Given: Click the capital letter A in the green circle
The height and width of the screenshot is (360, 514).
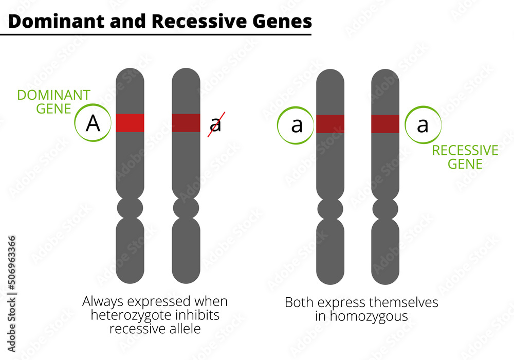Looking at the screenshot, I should pyautogui.click(x=93, y=123).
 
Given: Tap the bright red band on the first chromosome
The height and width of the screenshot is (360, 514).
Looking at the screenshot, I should pyautogui.click(x=130, y=123).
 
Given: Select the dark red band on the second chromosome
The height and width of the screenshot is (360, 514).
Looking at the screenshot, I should pyautogui.click(x=186, y=123).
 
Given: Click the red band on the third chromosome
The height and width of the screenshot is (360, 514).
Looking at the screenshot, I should pyautogui.click(x=330, y=124).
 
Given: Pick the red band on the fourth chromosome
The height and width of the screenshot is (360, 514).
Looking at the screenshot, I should pyautogui.click(x=385, y=124).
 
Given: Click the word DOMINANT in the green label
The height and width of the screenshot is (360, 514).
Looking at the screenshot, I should pyautogui.click(x=53, y=95).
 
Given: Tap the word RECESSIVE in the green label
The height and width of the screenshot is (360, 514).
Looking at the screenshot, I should pyautogui.click(x=465, y=151).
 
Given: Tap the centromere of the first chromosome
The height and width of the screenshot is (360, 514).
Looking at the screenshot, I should pyautogui.click(x=130, y=208).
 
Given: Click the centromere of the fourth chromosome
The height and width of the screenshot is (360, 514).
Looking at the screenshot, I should pyautogui.click(x=385, y=209).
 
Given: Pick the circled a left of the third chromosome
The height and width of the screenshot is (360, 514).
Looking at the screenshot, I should pyautogui.click(x=297, y=125).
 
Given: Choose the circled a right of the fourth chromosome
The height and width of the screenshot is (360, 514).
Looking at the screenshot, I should pyautogui.click(x=423, y=125).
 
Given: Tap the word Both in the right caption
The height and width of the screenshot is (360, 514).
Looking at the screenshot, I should pyautogui.click(x=299, y=302).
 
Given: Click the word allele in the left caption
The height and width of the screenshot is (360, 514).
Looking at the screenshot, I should pyautogui.click(x=183, y=328).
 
